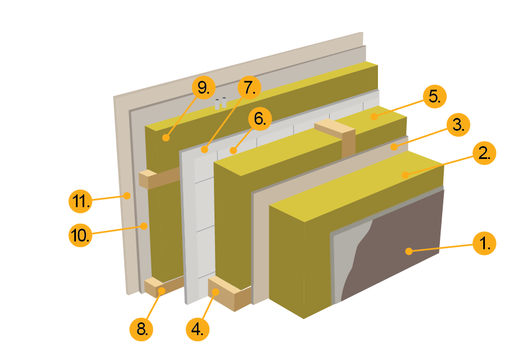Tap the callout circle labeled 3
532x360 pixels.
(458, 125)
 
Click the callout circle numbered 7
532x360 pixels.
(249, 88)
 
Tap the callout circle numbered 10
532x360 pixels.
(80, 235)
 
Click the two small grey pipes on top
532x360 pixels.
(221, 103)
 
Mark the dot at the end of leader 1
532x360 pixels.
(408, 251)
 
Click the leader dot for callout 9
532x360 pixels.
(165, 137)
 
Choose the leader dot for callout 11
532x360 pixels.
(127, 195)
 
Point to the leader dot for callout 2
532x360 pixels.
(405, 175)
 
